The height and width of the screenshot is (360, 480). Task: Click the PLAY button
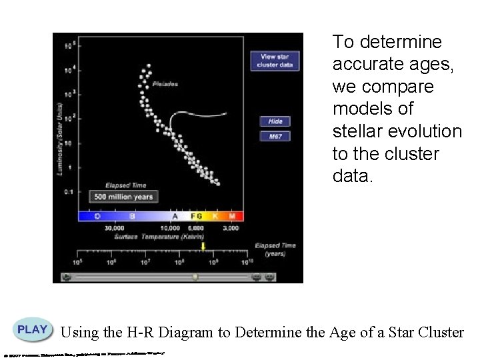coord(32,330)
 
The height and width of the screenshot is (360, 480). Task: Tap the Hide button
coord(275,122)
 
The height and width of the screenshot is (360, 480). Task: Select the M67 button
coord(275,136)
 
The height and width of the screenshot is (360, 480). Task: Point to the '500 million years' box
coord(123,197)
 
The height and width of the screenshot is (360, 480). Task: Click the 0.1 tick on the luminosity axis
coord(67,191)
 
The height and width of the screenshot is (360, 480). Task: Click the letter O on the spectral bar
coord(97,216)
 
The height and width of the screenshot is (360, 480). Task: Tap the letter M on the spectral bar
coord(232,216)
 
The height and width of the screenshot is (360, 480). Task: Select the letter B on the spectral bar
coord(133,216)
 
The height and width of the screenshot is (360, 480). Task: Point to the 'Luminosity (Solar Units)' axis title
coord(59,139)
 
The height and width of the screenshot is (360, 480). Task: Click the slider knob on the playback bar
coord(195,276)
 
